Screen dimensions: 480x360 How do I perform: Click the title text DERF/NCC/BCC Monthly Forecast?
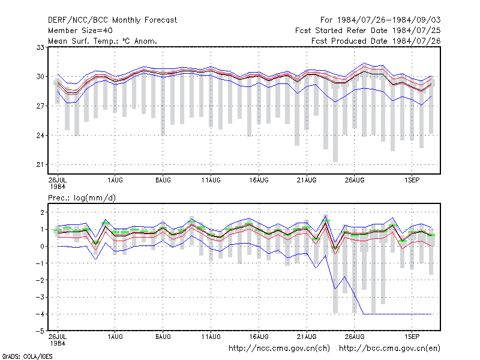pos(112,20)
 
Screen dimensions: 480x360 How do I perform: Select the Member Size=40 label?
pos(80,31)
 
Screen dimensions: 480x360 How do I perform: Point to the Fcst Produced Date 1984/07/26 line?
pos(376,41)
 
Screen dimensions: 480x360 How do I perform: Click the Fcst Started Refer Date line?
pos(368,31)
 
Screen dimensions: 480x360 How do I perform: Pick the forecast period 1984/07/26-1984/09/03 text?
pos(380,20)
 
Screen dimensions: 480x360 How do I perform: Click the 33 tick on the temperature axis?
pos(40,47)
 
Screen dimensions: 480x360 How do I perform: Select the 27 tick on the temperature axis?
pos(40,106)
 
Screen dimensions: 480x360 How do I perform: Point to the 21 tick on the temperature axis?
pos(40,164)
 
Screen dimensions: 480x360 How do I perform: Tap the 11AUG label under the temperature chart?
pos(211,181)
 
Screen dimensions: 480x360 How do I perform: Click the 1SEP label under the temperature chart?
pos(412,181)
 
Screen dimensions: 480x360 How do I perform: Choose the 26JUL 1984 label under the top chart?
pos(58,183)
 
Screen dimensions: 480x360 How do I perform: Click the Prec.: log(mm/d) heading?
pos(82,198)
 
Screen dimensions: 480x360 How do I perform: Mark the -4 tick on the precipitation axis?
pos(40,314)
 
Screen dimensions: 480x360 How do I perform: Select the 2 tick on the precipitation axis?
pos(42,212)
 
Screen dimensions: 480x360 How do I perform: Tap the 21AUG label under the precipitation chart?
pos(307,337)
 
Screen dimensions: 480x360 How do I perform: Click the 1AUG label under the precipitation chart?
pos(115,337)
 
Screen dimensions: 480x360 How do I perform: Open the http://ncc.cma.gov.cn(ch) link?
pos(279,349)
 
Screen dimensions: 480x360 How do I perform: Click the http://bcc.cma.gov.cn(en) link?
pos(389,349)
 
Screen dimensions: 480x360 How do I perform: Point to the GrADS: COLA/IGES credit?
pos(27,356)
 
